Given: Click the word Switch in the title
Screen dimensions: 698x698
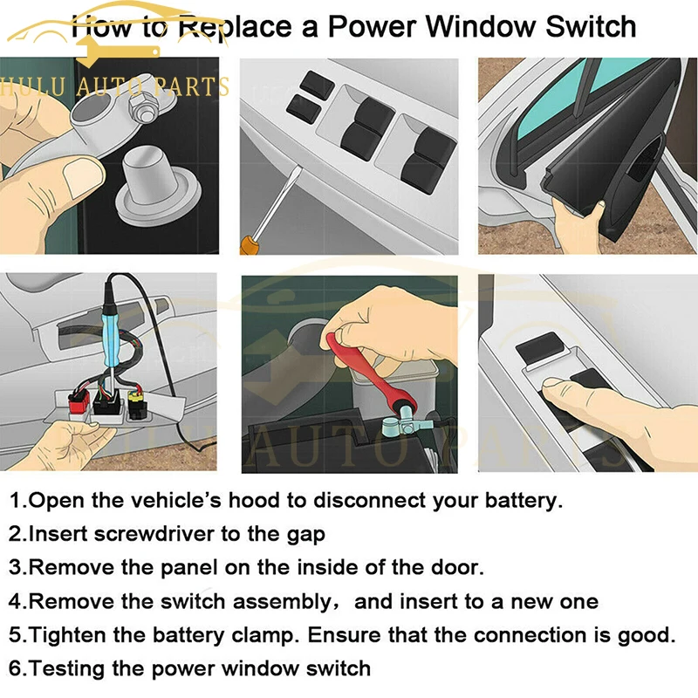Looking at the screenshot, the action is [591, 27].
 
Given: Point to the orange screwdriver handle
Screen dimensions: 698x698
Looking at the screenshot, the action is [250, 245].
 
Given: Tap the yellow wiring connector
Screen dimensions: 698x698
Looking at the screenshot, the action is [137, 404].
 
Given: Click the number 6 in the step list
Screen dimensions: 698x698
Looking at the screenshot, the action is [15, 669].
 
